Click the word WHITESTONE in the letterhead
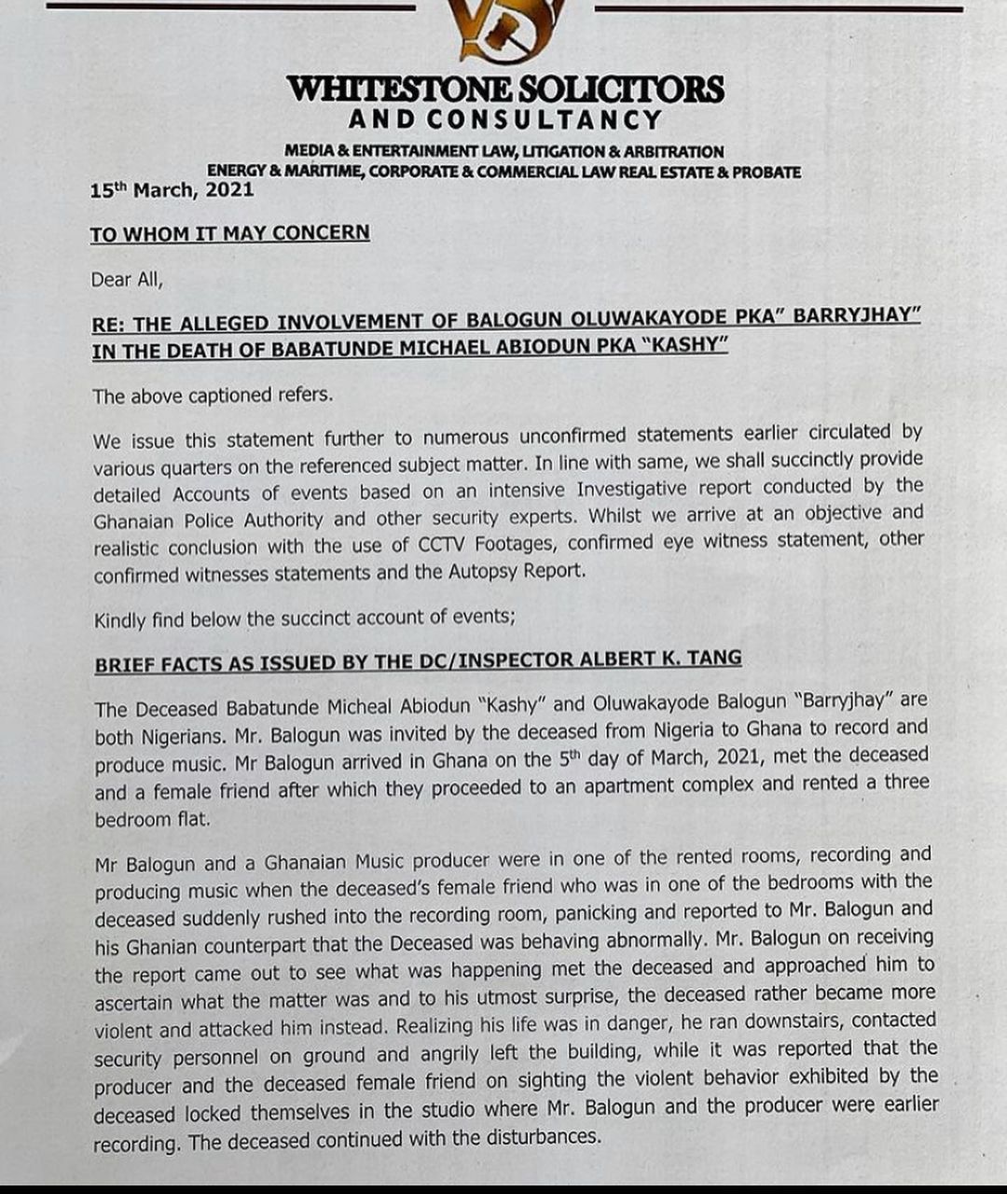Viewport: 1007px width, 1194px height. [x=399, y=90]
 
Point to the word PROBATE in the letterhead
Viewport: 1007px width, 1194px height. [x=766, y=173]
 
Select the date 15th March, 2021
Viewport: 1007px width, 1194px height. [x=172, y=190]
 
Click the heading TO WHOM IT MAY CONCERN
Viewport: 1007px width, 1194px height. [x=229, y=233]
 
